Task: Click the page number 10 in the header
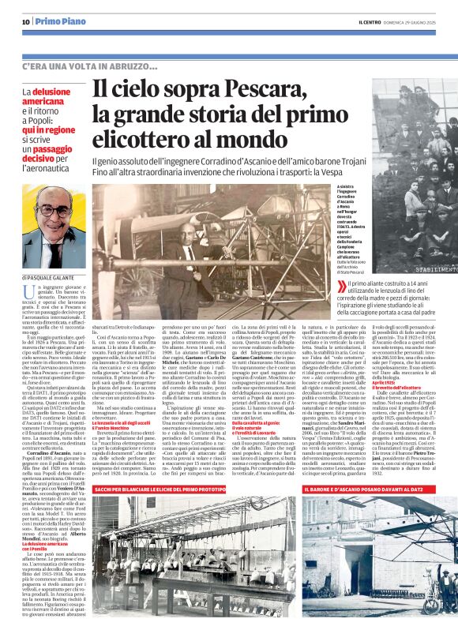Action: (x=25, y=21)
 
